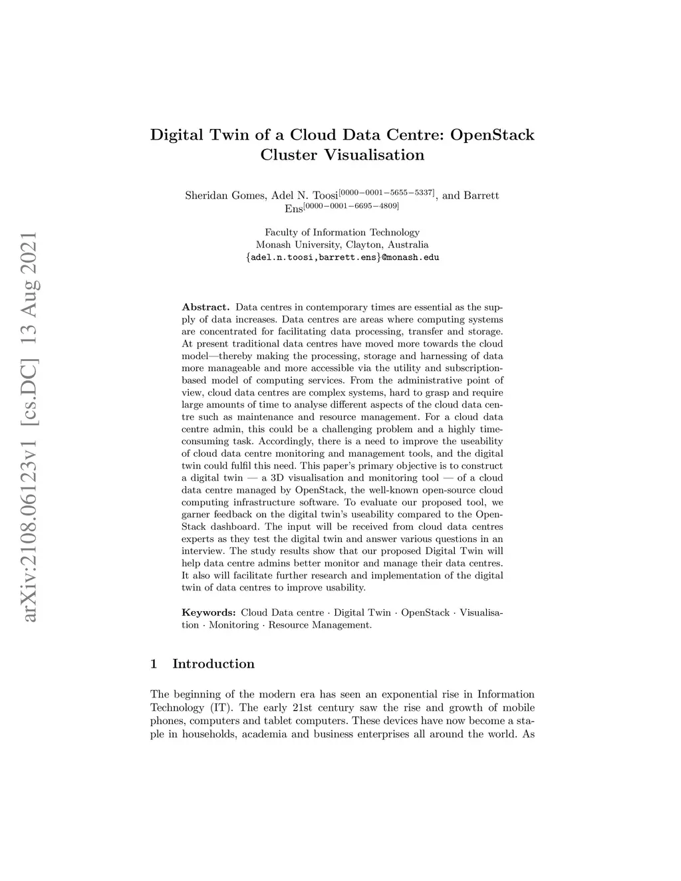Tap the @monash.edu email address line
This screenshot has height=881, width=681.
(x=342, y=257)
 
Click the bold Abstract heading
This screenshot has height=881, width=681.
(x=205, y=307)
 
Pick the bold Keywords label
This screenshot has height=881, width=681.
(x=208, y=612)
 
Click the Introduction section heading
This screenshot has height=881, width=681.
(x=213, y=664)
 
